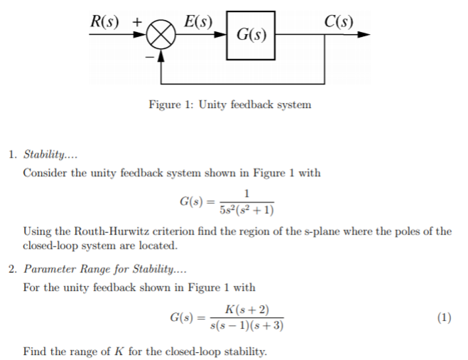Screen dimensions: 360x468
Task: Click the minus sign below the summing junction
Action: pyautogui.click(x=149, y=55)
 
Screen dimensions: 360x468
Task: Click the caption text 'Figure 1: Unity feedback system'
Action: pyautogui.click(x=229, y=105)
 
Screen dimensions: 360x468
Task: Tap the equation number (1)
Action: pyautogui.click(x=445, y=317)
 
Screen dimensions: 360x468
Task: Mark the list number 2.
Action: pyautogui.click(x=12, y=269)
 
